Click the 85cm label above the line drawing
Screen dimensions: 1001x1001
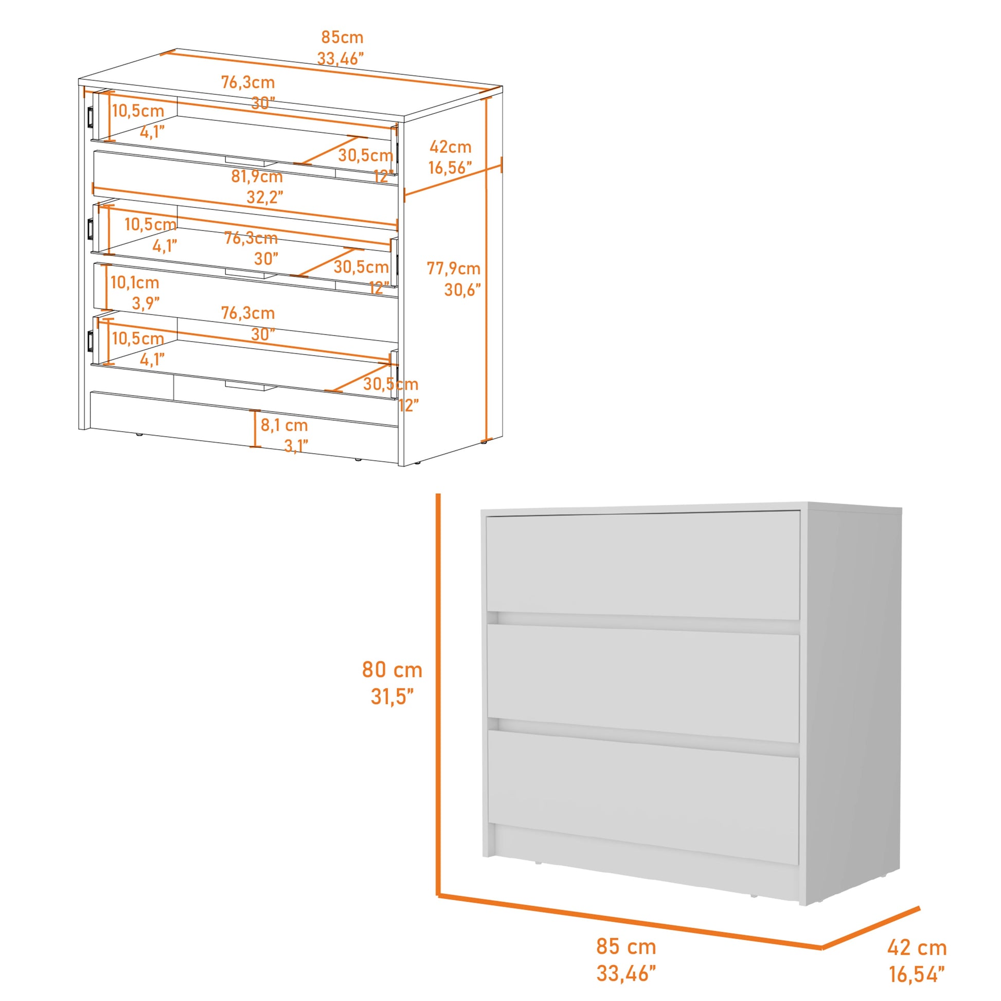click(x=342, y=38)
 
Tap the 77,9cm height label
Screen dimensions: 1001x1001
click(x=453, y=269)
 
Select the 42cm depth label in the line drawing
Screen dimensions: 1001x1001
click(x=450, y=147)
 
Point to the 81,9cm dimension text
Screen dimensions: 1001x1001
click(x=257, y=176)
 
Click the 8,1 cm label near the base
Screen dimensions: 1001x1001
click(x=284, y=425)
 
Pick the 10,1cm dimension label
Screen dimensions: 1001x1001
click(x=135, y=283)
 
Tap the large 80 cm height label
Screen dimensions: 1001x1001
click(x=391, y=669)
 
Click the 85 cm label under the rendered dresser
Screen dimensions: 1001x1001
click(x=626, y=946)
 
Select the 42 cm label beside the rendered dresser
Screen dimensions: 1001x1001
click(x=917, y=948)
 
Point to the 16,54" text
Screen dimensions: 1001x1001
click(x=917, y=975)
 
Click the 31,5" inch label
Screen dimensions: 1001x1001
click(x=392, y=697)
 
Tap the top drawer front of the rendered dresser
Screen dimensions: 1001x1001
click(x=642, y=565)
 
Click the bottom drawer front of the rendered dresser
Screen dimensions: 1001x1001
click(x=642, y=793)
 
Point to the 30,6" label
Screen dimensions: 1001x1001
click(x=462, y=290)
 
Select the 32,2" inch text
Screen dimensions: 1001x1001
click(x=265, y=198)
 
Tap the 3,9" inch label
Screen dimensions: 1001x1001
click(x=146, y=303)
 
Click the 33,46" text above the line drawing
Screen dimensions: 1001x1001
click(x=341, y=59)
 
